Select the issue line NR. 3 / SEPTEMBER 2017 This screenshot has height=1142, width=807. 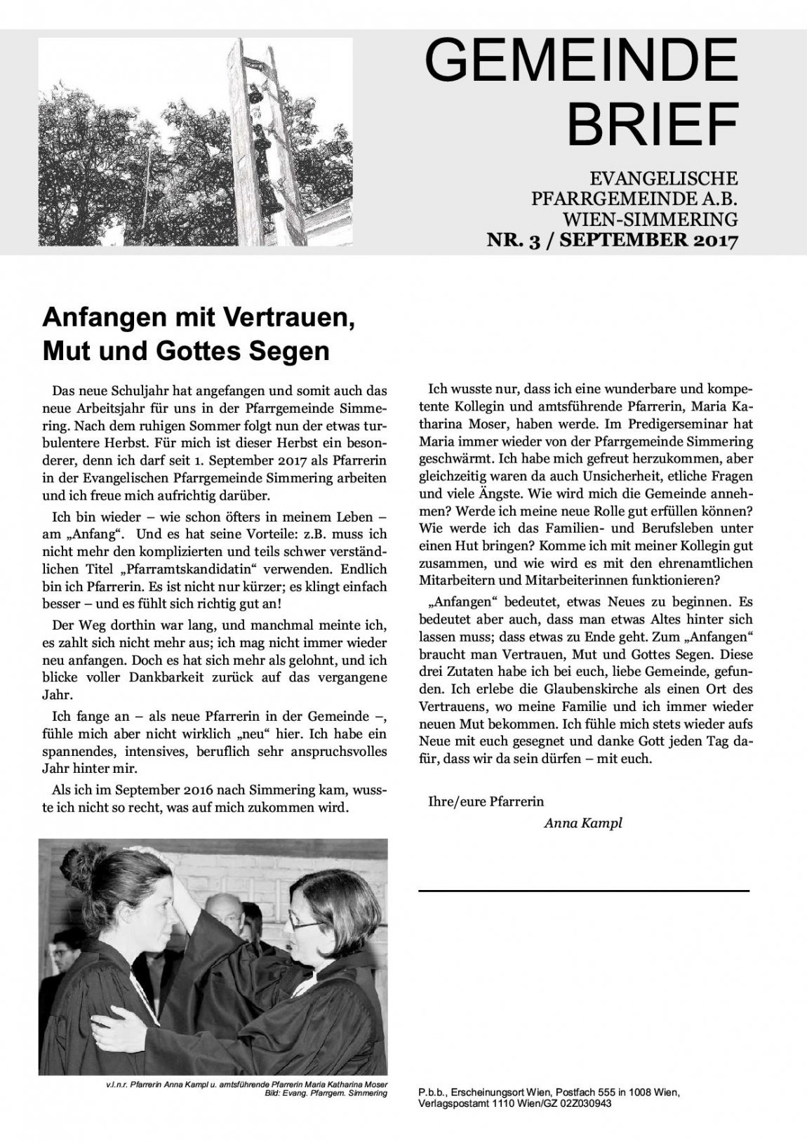point(613,241)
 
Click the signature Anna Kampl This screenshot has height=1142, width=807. point(582,823)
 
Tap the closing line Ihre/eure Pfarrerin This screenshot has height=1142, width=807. point(486,800)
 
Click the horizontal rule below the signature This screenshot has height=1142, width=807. point(583,890)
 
